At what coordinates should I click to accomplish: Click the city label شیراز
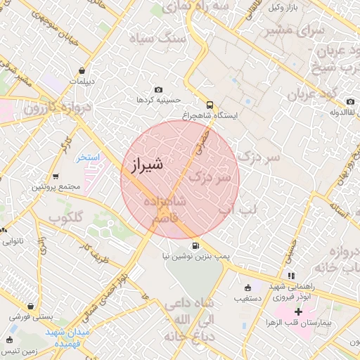(x=147, y=167)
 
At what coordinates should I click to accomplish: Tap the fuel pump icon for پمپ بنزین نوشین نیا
(x=195, y=245)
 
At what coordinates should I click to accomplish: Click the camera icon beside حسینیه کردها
(x=158, y=90)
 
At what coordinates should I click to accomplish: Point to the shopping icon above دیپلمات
(x=84, y=70)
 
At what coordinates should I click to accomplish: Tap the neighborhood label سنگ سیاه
(x=162, y=38)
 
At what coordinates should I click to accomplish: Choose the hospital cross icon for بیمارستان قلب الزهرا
(x=298, y=310)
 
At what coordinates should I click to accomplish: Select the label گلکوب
(x=67, y=217)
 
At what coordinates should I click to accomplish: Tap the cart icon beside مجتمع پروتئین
(x=34, y=188)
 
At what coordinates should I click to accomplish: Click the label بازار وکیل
(x=291, y=8)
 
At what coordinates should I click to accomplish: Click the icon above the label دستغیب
(x=247, y=288)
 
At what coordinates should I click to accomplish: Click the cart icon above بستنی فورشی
(x=30, y=306)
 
